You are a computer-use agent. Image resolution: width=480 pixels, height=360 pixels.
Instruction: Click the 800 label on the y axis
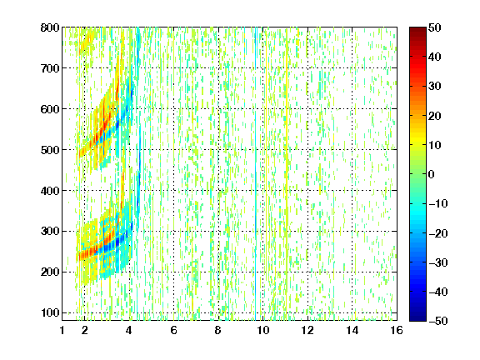pos(50,27)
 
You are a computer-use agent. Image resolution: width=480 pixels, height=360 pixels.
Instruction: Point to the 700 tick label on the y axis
pos(50,68)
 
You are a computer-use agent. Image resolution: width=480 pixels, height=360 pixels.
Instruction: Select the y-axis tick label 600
pos(50,109)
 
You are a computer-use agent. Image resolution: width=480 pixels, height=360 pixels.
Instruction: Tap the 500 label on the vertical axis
pos(50,150)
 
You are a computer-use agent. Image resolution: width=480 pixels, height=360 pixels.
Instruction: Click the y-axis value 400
pos(50,191)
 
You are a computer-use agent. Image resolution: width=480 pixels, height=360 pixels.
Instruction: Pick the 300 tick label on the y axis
pos(50,232)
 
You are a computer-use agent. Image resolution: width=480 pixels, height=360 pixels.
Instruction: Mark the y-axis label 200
pos(50,272)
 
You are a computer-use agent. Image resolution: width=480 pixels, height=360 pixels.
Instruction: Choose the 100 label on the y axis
pos(50,312)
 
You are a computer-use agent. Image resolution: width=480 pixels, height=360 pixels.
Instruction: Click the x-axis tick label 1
pos(62,330)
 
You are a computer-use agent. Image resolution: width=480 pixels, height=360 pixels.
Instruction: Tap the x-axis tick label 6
pos(174,330)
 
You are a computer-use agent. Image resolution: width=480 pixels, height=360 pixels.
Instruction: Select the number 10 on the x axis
pos(263,330)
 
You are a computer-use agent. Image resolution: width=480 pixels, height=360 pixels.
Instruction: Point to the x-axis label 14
pos(352,330)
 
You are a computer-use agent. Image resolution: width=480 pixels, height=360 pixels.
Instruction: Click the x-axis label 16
pos(397,330)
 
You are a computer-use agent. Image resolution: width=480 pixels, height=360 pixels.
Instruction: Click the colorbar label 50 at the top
pos(434,27)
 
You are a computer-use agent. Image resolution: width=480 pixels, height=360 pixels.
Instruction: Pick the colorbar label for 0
pos(432,174)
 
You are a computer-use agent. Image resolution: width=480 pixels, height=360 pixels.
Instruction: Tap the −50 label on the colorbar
pos(438,321)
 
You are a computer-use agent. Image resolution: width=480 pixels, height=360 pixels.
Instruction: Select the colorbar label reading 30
pos(434,87)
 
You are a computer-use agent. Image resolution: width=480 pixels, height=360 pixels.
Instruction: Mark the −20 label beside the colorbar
pos(438,233)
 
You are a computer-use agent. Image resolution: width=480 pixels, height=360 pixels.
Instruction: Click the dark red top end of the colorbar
pos(417,29)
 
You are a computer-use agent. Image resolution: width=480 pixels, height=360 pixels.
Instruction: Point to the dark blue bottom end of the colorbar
pos(417,318)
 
